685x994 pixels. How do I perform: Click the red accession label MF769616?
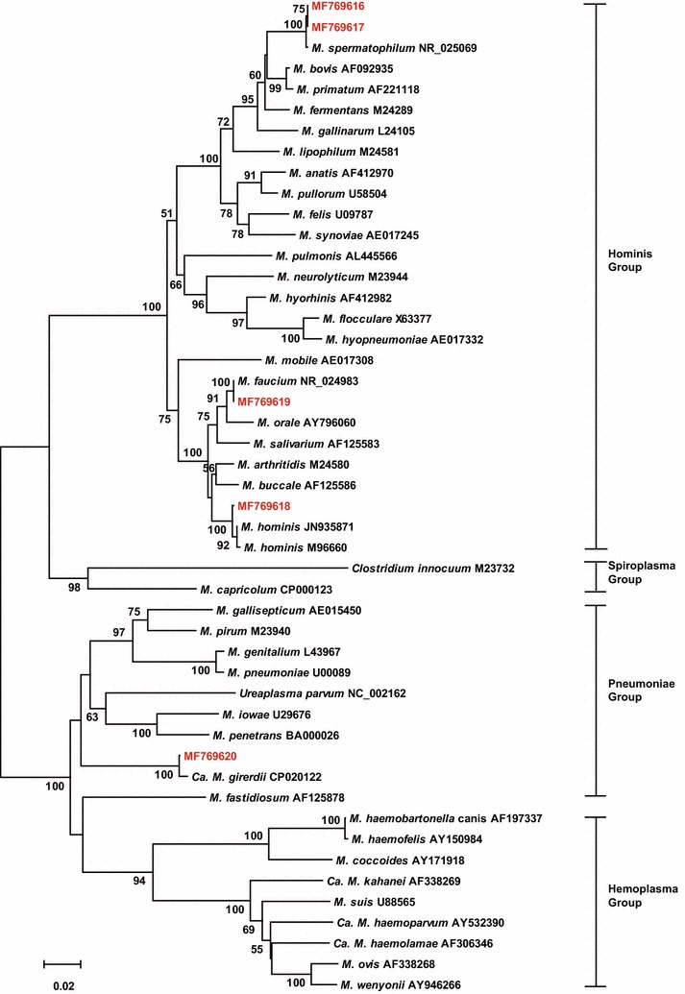pos(337,7)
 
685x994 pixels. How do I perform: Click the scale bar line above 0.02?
pos(61,961)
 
